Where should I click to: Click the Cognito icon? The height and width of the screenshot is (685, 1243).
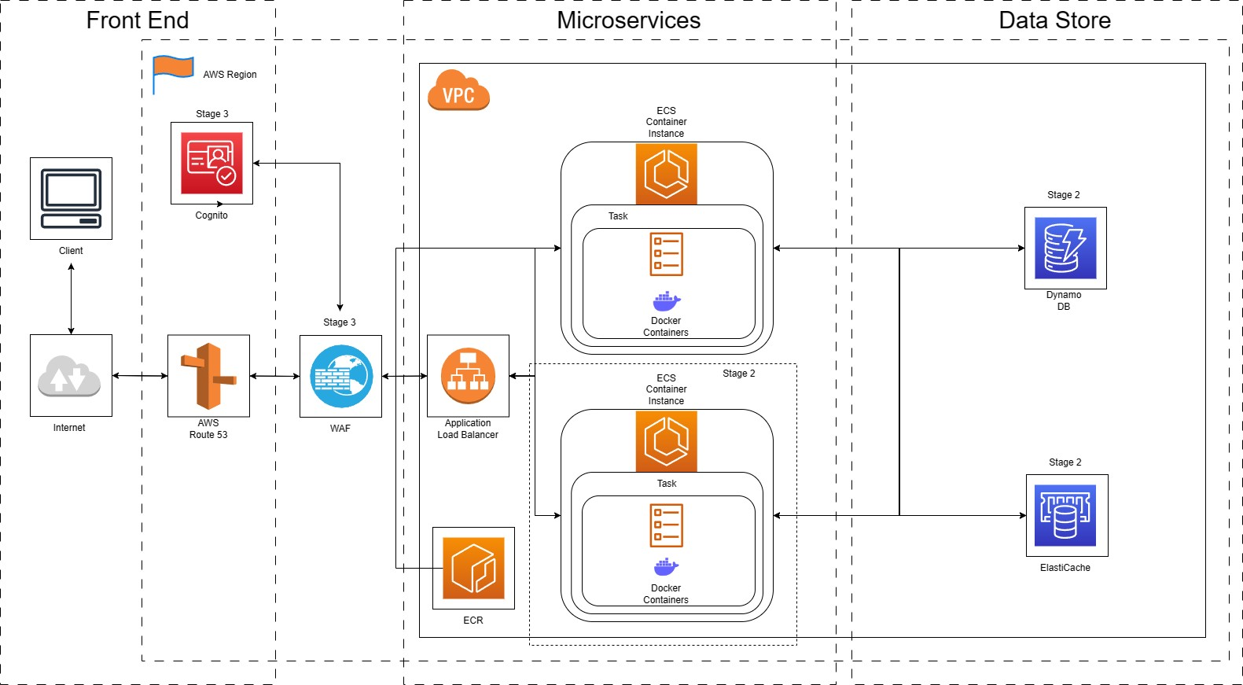pos(211,163)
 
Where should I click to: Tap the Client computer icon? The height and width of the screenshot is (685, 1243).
pos(71,198)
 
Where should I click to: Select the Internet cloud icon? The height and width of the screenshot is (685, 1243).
pos(70,376)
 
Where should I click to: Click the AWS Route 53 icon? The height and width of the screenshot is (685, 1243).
pos(208,376)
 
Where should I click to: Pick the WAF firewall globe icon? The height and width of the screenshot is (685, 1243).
pos(340,376)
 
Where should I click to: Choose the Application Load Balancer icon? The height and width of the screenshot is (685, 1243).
pos(468,376)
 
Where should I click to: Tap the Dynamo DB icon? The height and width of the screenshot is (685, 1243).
pos(1065,249)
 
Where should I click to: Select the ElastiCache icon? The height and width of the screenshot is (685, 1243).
pos(1067,515)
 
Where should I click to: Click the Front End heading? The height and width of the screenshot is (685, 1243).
pos(138,20)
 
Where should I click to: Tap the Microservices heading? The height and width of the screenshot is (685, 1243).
pos(628,20)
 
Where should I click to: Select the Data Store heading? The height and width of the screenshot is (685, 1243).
pos(1054,20)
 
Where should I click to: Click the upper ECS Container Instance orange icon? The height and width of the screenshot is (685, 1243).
pos(666,174)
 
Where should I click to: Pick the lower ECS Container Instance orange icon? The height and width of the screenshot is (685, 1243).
pos(666,441)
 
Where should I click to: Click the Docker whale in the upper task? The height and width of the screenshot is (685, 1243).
pos(666,301)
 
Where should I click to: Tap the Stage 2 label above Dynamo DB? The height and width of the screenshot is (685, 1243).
pos(1063,195)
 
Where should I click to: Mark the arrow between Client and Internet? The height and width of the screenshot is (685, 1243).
pos(71,299)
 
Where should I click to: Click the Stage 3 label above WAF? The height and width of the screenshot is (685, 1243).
pos(340,322)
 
